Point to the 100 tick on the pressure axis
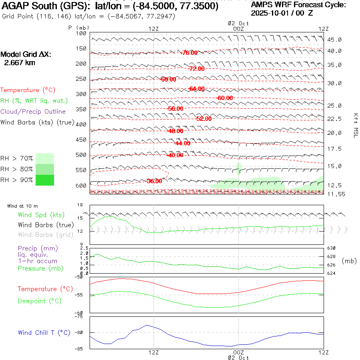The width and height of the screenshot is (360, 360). click(82, 33)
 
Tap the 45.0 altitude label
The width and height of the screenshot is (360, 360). click(334, 40)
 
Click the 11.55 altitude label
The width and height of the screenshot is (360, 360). click(334, 194)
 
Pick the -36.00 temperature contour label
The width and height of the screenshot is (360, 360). click(154, 181)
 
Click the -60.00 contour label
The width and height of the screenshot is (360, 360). click(224, 98)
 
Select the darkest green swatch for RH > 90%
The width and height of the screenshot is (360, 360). click(45, 180)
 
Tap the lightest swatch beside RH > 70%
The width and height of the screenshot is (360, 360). click(45, 158)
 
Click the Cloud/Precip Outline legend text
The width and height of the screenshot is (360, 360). click(33, 112)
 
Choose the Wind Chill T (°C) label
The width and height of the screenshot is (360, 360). click(44, 333)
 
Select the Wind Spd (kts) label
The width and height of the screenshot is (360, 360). click(41, 215)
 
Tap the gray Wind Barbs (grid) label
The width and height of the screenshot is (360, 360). click(46, 235)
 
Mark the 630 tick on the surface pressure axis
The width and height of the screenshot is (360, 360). click(332, 248)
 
